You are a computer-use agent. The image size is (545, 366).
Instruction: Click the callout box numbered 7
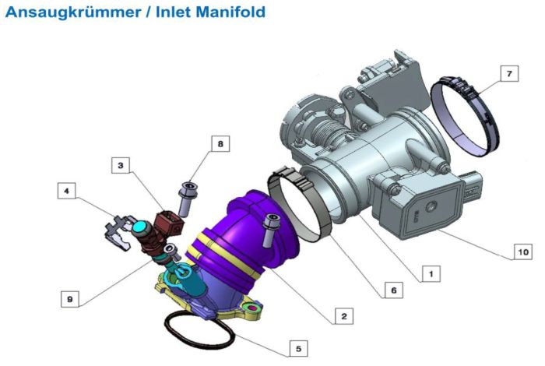pyautogui.click(x=509, y=74)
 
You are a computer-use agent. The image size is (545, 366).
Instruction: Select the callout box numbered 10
pyautogui.click(x=522, y=252)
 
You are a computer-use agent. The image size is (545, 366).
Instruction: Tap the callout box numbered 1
pyautogui.click(x=431, y=273)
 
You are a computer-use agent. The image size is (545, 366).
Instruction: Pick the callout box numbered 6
pyautogui.click(x=394, y=290)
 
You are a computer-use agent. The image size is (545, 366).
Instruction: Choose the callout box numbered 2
pyautogui.click(x=344, y=316)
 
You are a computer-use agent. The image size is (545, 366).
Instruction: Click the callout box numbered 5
pyautogui.click(x=298, y=348)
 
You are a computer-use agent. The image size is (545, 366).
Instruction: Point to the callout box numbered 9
pyautogui.click(x=70, y=299)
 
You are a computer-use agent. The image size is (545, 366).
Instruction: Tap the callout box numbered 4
pyautogui.click(x=66, y=191)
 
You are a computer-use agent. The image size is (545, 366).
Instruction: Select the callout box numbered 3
pyautogui.click(x=121, y=165)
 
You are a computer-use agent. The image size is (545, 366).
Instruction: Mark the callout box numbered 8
pyautogui.click(x=220, y=143)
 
